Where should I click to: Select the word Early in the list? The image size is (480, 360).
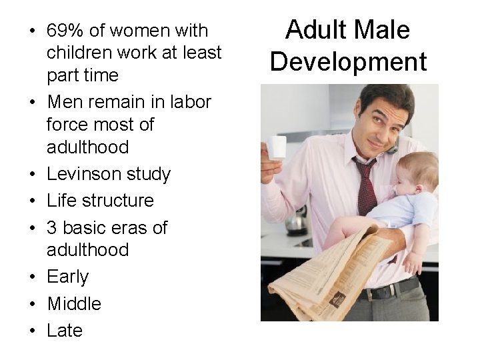[67, 277]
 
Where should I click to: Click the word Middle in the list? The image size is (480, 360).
[74, 304]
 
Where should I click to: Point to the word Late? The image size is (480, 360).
[65, 331]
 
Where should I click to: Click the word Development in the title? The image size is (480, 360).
[349, 61]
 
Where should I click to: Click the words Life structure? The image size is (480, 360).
[100, 201]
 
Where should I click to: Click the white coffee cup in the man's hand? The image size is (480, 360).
[277, 148]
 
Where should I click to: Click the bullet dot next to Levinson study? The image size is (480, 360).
[32, 175]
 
